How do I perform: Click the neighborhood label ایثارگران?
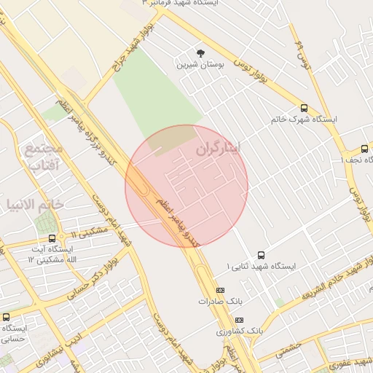point(227,149)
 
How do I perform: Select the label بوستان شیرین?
point(200,65)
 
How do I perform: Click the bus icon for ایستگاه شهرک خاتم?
point(304,106)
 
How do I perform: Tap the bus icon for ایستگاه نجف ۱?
point(364,149)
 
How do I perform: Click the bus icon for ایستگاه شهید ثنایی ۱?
point(262,255)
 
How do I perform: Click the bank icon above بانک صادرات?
point(221,290)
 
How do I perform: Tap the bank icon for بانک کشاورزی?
point(240,320)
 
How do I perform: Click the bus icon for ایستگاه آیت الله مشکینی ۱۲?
point(52,237)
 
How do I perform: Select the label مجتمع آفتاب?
point(44,157)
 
